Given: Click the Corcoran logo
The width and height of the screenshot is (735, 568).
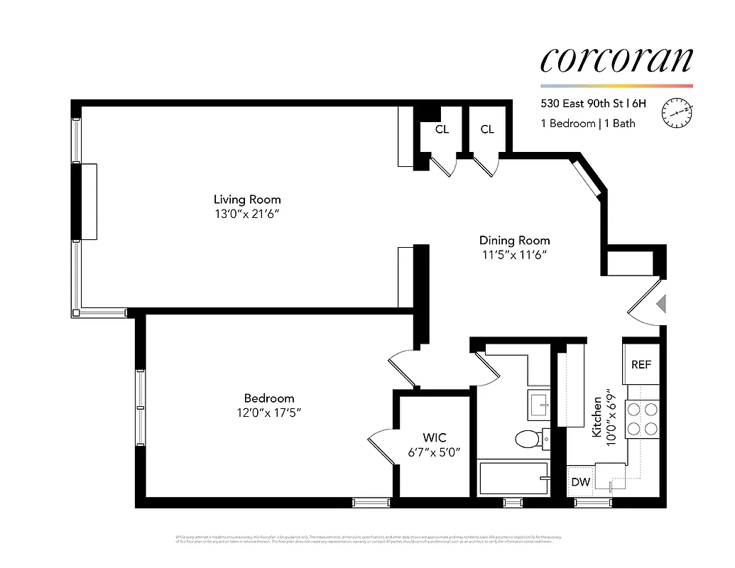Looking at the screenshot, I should (x=616, y=60).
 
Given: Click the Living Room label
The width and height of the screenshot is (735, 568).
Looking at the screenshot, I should (x=247, y=200).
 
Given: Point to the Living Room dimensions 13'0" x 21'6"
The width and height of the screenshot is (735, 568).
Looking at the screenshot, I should (x=247, y=214).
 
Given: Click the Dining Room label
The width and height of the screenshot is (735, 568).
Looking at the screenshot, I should (x=514, y=241).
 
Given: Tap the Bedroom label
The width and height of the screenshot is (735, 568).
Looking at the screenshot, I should (x=268, y=398).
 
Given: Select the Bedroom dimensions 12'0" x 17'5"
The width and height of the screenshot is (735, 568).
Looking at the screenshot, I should (x=268, y=413).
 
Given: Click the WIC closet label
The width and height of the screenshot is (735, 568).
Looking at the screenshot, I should (x=435, y=438).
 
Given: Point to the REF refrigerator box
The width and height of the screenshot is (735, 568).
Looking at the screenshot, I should (x=641, y=364).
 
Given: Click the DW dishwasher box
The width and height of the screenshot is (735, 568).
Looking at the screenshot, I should (x=581, y=482).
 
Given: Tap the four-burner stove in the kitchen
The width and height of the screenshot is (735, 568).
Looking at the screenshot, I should (x=642, y=419).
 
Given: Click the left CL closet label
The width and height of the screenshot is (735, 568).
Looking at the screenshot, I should (x=442, y=129).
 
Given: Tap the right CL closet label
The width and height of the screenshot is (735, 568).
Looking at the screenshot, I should (x=487, y=129).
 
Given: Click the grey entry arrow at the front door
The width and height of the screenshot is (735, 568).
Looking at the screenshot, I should (x=661, y=304).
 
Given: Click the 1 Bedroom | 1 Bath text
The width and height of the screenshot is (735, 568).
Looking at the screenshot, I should (x=588, y=124).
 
